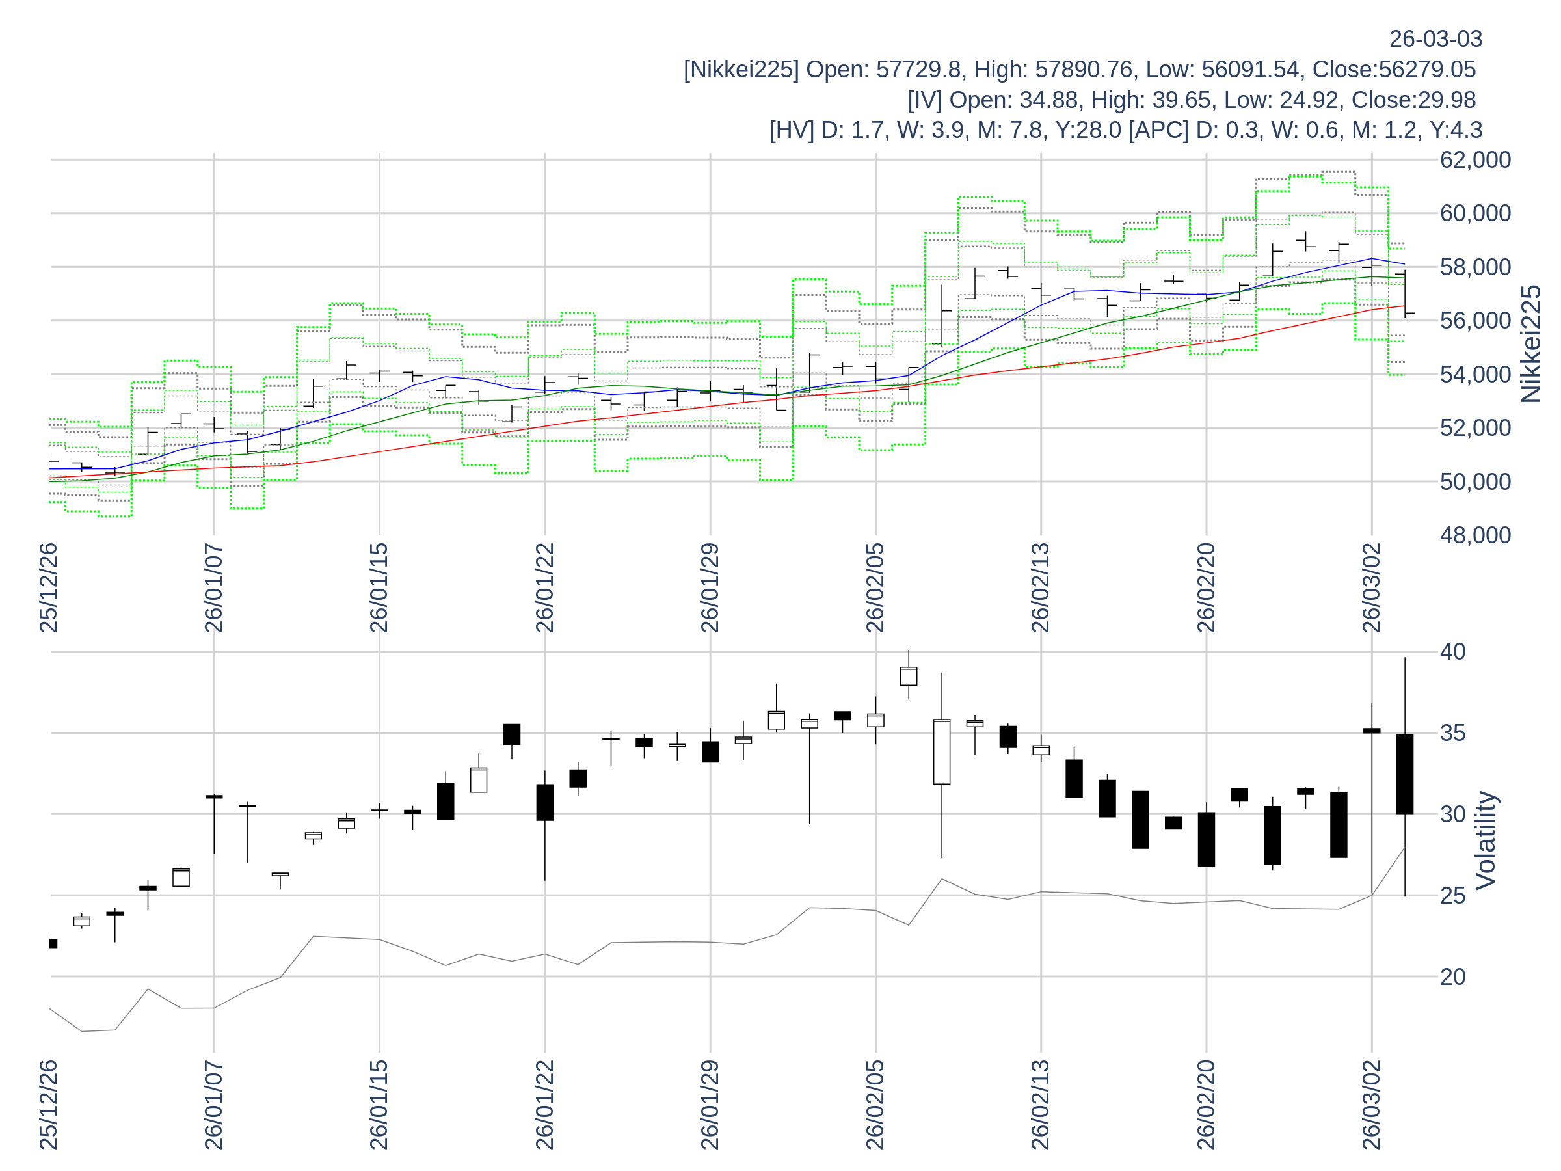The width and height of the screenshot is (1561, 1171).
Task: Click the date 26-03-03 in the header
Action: [1435, 39]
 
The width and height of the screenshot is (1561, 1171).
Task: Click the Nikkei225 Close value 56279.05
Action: [1426, 70]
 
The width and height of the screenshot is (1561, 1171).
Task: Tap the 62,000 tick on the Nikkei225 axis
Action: [1475, 160]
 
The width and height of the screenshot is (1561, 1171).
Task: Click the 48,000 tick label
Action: [1475, 535]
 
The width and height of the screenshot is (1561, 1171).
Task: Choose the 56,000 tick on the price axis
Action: [1475, 321]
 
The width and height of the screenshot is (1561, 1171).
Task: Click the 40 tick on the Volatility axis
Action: [1452, 651]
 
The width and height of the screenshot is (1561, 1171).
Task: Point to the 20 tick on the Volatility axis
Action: [1452, 977]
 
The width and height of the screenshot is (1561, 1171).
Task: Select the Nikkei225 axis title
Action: [1530, 344]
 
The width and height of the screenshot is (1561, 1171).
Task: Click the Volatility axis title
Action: [1486, 840]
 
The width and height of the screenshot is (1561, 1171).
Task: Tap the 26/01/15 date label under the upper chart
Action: [379, 588]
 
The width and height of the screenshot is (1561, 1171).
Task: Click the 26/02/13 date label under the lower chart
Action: [1040, 1105]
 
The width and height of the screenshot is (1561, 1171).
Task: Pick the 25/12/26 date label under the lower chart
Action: [48, 1105]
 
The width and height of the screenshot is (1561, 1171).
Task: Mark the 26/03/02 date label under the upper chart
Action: [1371, 588]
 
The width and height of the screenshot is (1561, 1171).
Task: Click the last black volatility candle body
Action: [1404, 774]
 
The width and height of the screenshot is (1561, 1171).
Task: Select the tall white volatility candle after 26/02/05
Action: [941, 752]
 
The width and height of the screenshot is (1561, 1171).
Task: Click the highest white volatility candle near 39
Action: [908, 676]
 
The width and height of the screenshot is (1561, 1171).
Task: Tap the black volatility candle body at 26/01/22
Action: [545, 803]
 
